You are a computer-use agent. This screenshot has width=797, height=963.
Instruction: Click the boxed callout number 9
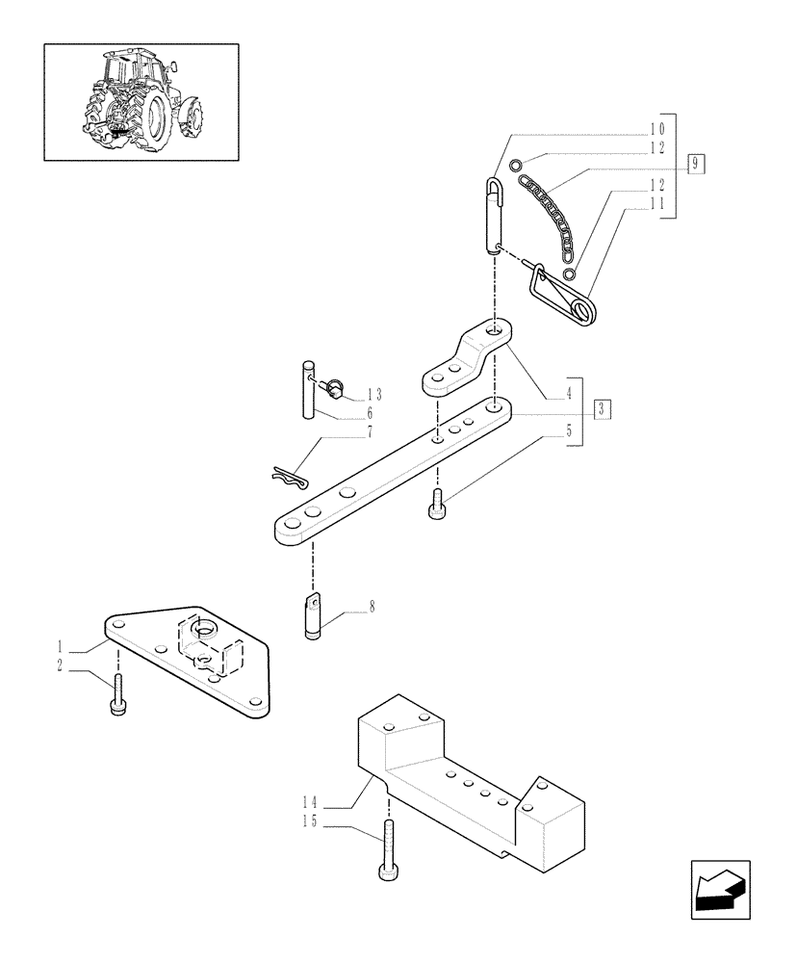tap(697, 163)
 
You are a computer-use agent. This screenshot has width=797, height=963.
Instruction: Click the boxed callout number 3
tap(601, 408)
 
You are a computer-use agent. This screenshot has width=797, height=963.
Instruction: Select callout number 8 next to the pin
tap(372, 608)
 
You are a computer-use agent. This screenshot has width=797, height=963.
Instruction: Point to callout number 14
tap(309, 801)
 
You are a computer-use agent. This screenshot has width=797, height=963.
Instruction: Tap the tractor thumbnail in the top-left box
tap(141, 101)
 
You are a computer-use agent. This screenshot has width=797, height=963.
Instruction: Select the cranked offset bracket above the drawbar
tap(467, 361)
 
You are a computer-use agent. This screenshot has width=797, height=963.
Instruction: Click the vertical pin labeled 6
tap(308, 388)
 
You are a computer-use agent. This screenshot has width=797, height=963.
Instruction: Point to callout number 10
tap(657, 129)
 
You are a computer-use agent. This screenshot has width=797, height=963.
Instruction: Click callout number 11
tap(657, 204)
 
